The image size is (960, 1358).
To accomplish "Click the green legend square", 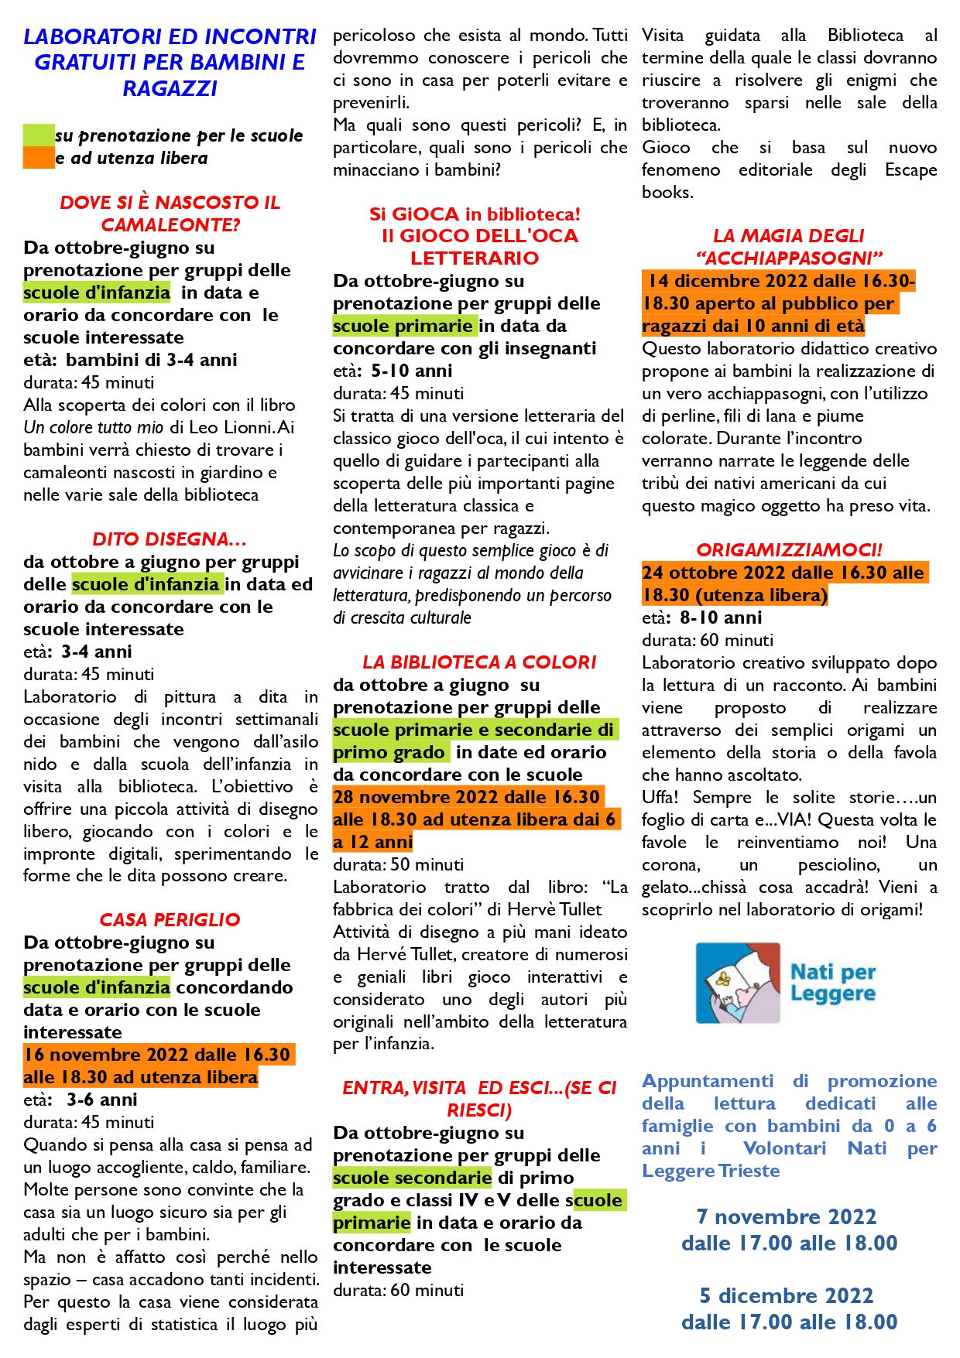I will click(39, 135).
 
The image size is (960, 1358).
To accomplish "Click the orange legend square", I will click(39, 157).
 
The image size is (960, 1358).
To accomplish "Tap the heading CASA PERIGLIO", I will click(170, 920).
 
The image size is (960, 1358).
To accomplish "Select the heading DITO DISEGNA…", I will click(169, 539).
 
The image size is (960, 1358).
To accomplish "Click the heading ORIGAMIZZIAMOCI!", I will click(789, 550).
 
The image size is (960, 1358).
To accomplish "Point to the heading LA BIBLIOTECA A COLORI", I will click(479, 662).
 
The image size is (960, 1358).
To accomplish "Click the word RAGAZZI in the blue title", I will click(170, 88).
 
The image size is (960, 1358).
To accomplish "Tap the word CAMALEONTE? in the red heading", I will click(170, 225).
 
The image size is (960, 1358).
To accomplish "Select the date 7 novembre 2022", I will click(786, 1217).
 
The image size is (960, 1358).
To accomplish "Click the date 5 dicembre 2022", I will click(786, 1296).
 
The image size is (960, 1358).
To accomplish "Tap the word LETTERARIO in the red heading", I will click(474, 258).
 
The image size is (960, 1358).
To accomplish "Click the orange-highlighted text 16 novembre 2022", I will click(101, 1055).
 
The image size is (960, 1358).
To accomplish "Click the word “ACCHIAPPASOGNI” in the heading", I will click(789, 258).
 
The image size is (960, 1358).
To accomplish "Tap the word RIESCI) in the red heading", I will click(479, 1110).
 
